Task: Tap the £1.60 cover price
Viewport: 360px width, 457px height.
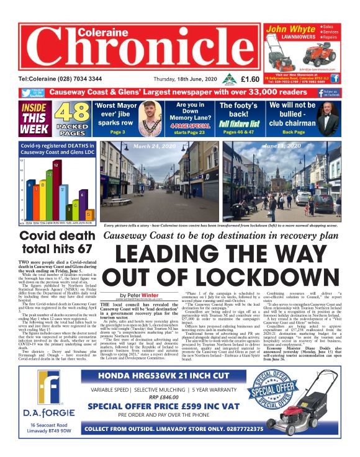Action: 250,79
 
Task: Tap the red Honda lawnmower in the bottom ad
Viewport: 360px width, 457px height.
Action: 315,397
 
